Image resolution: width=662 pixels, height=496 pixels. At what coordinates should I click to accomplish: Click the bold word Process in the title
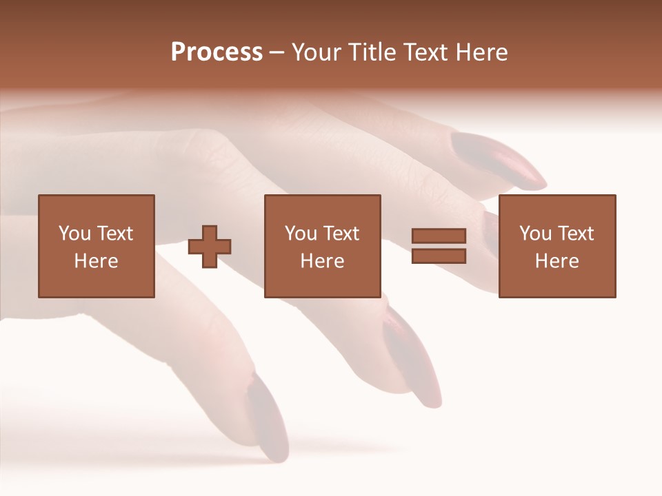[217, 52]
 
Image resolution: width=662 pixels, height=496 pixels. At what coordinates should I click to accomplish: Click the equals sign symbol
[439, 246]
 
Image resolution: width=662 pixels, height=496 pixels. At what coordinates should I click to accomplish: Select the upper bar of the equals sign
[439, 236]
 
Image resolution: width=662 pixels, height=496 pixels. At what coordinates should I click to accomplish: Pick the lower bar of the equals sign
[439, 256]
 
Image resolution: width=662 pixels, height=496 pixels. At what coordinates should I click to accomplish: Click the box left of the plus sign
[97, 246]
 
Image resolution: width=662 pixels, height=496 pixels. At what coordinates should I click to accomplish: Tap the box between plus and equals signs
[322, 246]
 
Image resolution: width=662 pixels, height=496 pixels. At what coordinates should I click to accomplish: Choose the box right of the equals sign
[557, 246]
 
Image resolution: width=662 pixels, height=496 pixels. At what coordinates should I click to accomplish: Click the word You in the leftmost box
[74, 233]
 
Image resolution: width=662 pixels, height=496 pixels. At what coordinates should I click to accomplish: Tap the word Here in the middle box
[322, 261]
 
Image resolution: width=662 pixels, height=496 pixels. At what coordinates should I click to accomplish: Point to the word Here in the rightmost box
[557, 261]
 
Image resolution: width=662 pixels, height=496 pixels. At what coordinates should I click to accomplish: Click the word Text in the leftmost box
[114, 233]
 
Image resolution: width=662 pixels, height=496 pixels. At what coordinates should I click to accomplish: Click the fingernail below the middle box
[412, 358]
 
